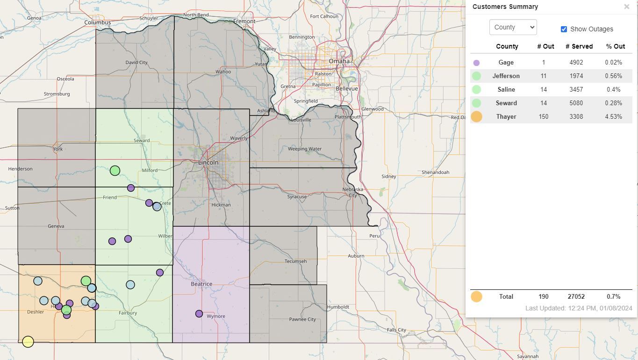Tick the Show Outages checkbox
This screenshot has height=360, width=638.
(564, 29)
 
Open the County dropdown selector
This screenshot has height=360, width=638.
(513, 27)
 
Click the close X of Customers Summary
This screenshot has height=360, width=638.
(626, 7)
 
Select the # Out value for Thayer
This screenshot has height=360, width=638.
(543, 116)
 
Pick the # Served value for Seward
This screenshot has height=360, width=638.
(576, 103)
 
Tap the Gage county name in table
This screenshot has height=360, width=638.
(506, 62)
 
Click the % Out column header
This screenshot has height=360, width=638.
(615, 46)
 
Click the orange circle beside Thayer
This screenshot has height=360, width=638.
(476, 116)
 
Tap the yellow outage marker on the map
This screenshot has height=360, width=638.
(28, 342)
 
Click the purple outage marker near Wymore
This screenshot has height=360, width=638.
(199, 314)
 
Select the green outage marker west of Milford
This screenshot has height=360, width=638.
(115, 171)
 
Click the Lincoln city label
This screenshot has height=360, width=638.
(208, 162)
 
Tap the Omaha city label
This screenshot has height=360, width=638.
(339, 61)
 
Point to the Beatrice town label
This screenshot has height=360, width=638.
(201, 284)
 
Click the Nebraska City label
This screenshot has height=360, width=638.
(353, 192)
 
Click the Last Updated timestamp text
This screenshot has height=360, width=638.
(578, 308)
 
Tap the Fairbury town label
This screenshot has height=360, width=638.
(128, 313)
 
